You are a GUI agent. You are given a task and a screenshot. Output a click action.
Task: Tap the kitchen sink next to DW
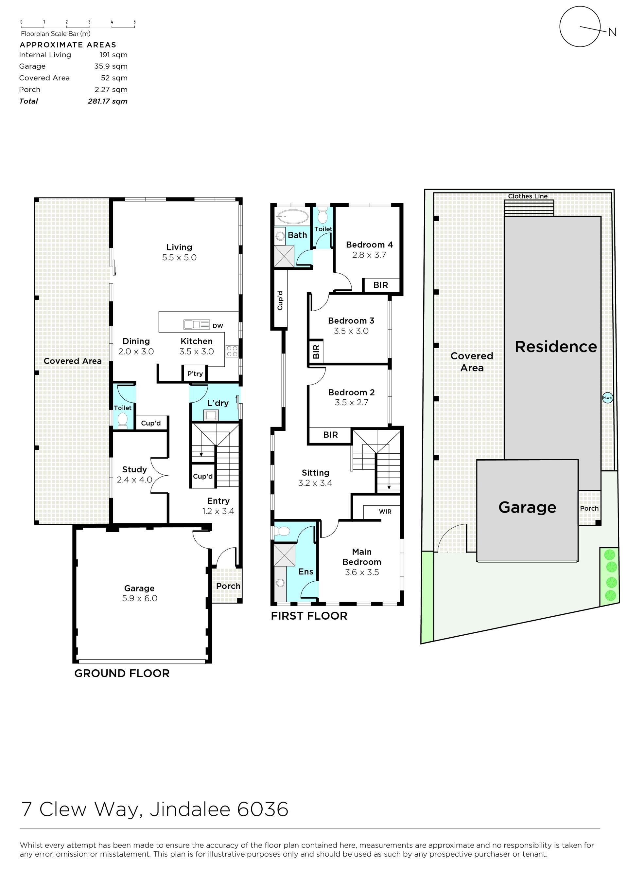click(x=197, y=324)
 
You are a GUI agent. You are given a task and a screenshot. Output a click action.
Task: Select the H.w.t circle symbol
click(x=607, y=398)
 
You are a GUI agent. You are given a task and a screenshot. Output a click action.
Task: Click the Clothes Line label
click(x=528, y=196)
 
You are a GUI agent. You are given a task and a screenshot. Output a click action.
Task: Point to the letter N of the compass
click(x=612, y=32)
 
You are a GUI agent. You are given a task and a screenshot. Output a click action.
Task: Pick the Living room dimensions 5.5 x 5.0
click(x=179, y=258)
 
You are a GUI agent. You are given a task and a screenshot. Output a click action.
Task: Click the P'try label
click(x=195, y=374)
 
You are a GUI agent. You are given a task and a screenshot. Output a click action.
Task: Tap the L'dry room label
click(x=218, y=403)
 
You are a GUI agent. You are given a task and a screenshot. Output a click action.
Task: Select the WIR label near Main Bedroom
click(x=385, y=512)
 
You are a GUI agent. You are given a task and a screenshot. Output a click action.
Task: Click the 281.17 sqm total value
click(x=108, y=101)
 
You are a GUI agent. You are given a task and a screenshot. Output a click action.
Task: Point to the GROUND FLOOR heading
click(x=122, y=673)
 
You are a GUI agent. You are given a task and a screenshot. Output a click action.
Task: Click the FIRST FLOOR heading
click(x=309, y=616)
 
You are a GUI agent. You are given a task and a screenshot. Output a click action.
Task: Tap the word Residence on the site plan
click(x=556, y=347)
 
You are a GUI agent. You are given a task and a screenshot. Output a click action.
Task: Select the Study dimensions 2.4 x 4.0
click(x=135, y=480)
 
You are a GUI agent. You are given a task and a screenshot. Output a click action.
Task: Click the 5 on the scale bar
click(x=135, y=22)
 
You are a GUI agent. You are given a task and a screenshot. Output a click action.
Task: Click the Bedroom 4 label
click(x=370, y=245)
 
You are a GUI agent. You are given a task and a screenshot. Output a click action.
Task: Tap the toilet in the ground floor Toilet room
click(x=123, y=421)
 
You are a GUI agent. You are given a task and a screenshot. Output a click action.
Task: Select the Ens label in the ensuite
click(x=306, y=571)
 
